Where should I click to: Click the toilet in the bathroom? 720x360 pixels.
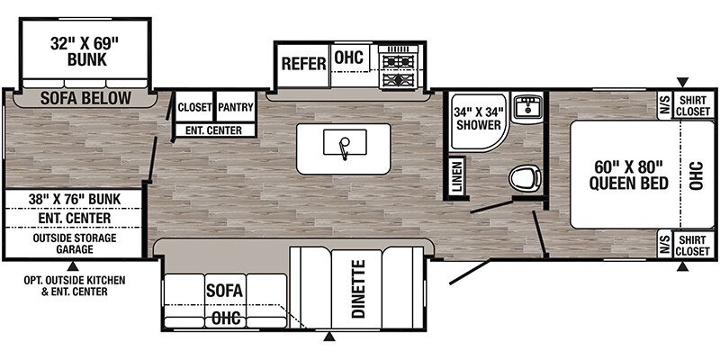click(526, 177)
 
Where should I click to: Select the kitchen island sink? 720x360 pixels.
click(345, 143)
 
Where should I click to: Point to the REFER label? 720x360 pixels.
click(303, 64)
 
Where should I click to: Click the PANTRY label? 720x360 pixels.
click(236, 107)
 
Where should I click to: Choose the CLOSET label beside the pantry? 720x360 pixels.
click(194, 107)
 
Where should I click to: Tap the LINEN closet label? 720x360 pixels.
click(455, 176)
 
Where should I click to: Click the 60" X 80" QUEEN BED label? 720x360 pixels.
click(628, 175)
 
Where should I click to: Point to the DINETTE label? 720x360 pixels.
click(359, 289)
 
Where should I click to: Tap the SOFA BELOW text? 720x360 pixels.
click(85, 98)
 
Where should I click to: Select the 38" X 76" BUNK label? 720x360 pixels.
click(74, 199)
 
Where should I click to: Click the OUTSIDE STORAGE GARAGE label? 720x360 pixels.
click(75, 243)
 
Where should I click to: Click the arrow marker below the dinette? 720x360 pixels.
click(328, 337)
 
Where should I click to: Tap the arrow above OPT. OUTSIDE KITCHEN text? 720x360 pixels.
click(72, 265)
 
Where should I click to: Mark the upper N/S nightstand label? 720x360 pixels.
click(664, 105)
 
